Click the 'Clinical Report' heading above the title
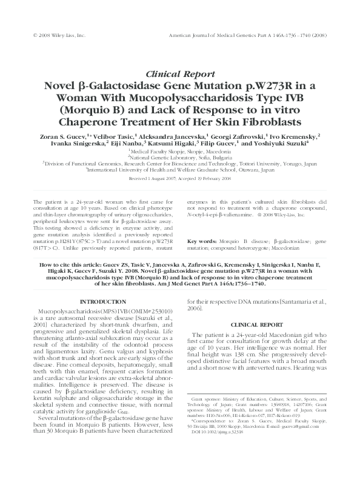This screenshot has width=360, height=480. [180, 71]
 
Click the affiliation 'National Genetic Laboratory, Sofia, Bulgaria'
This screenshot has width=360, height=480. [180, 157]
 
